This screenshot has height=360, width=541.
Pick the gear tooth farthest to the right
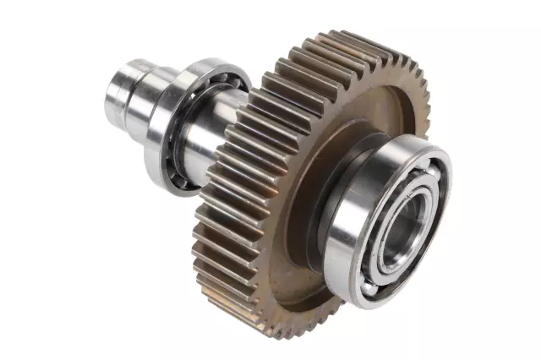(428, 110)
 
